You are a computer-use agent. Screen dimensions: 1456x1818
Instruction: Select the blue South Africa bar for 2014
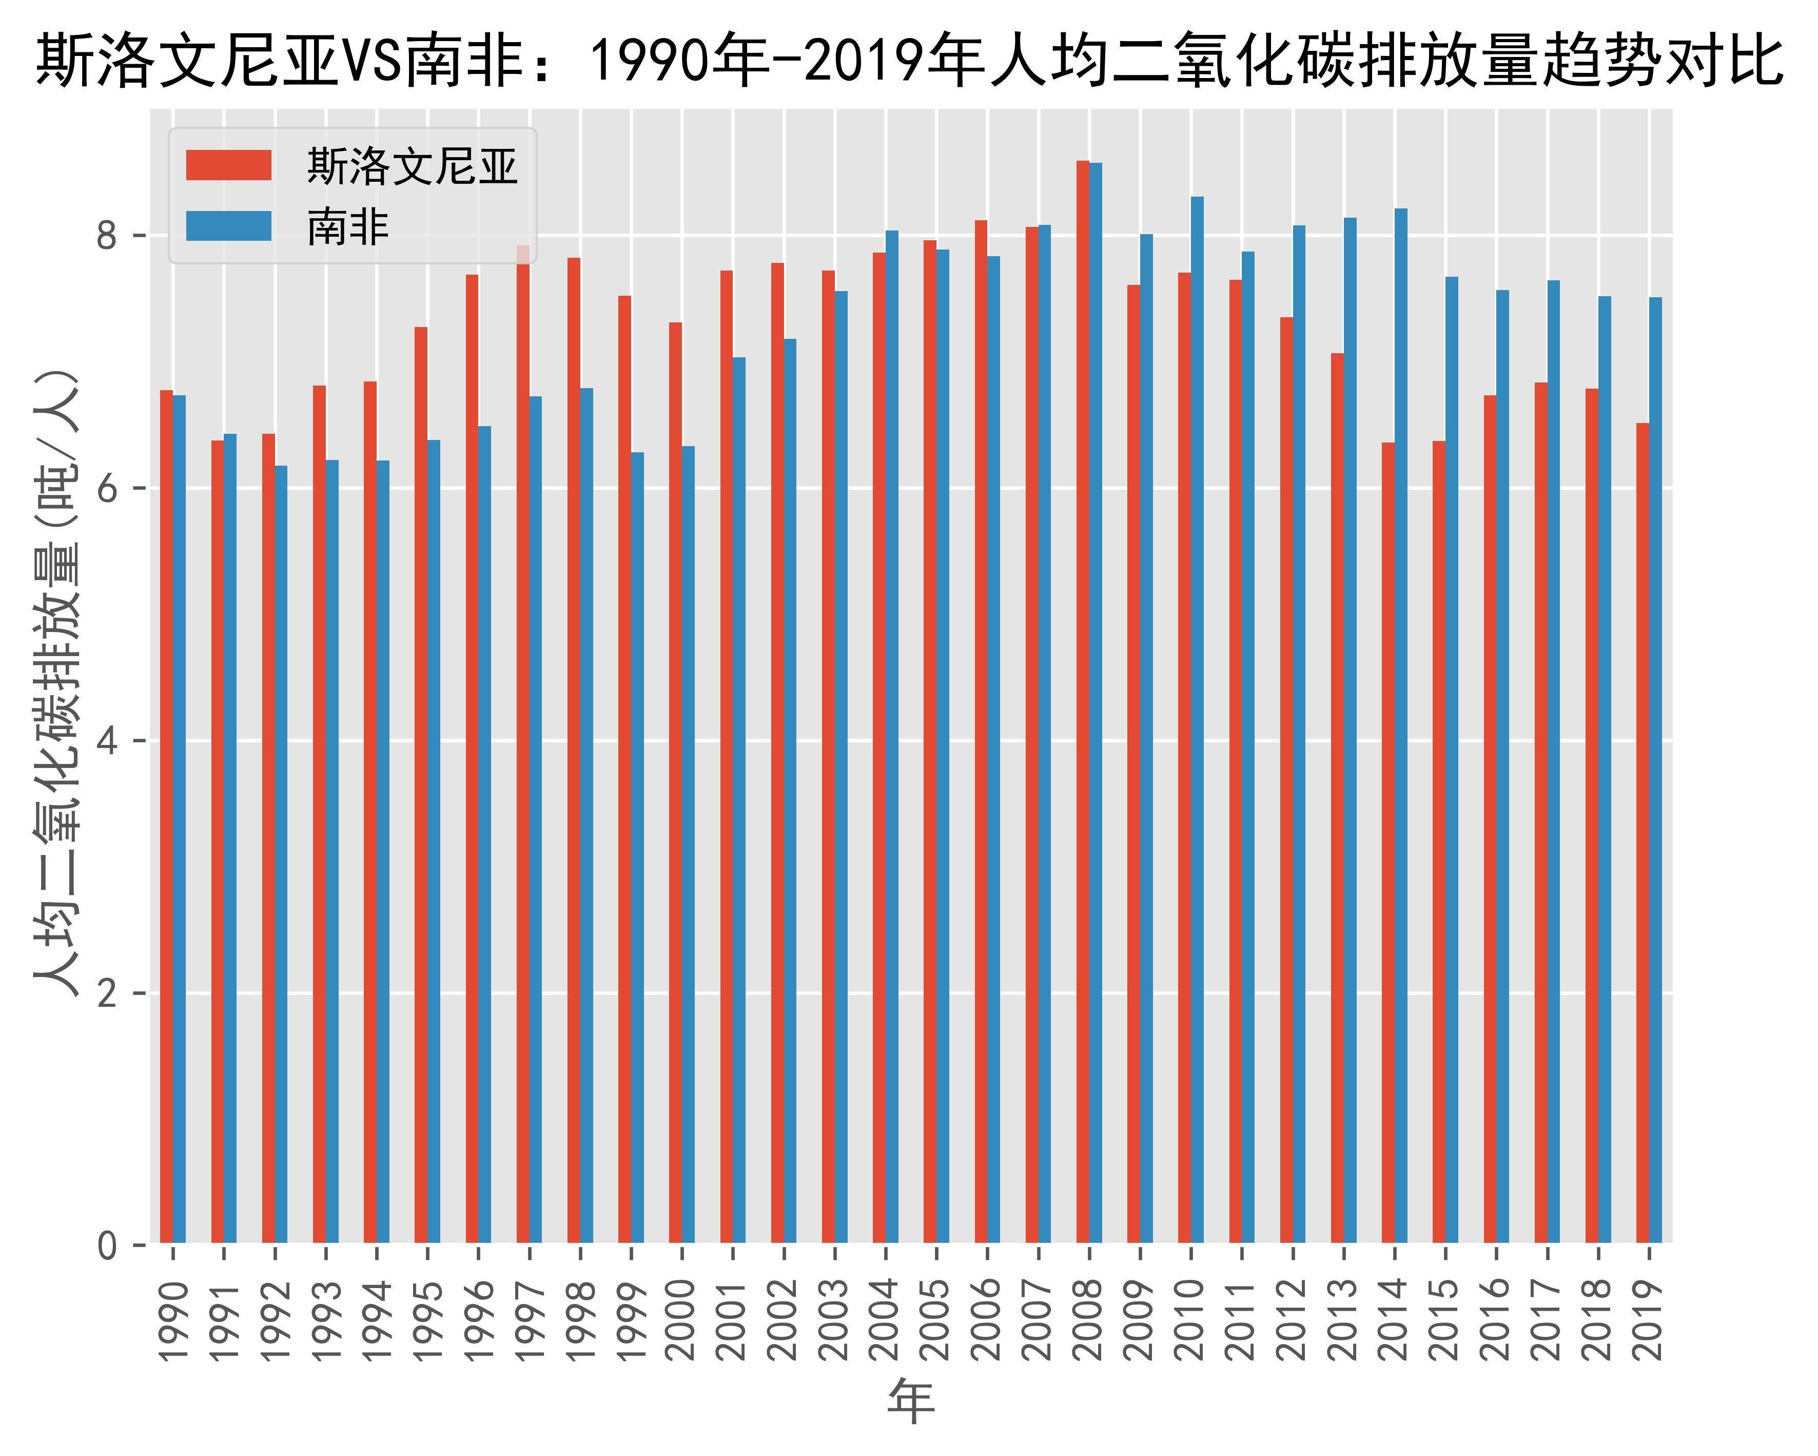1401,725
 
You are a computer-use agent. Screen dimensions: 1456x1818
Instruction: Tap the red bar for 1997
523,742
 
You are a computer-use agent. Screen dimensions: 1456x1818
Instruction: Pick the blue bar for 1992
281,852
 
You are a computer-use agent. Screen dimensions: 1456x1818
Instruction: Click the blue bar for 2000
688,844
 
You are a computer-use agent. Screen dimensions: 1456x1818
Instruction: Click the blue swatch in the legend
228,226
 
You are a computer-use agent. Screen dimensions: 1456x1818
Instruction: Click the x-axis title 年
911,1402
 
